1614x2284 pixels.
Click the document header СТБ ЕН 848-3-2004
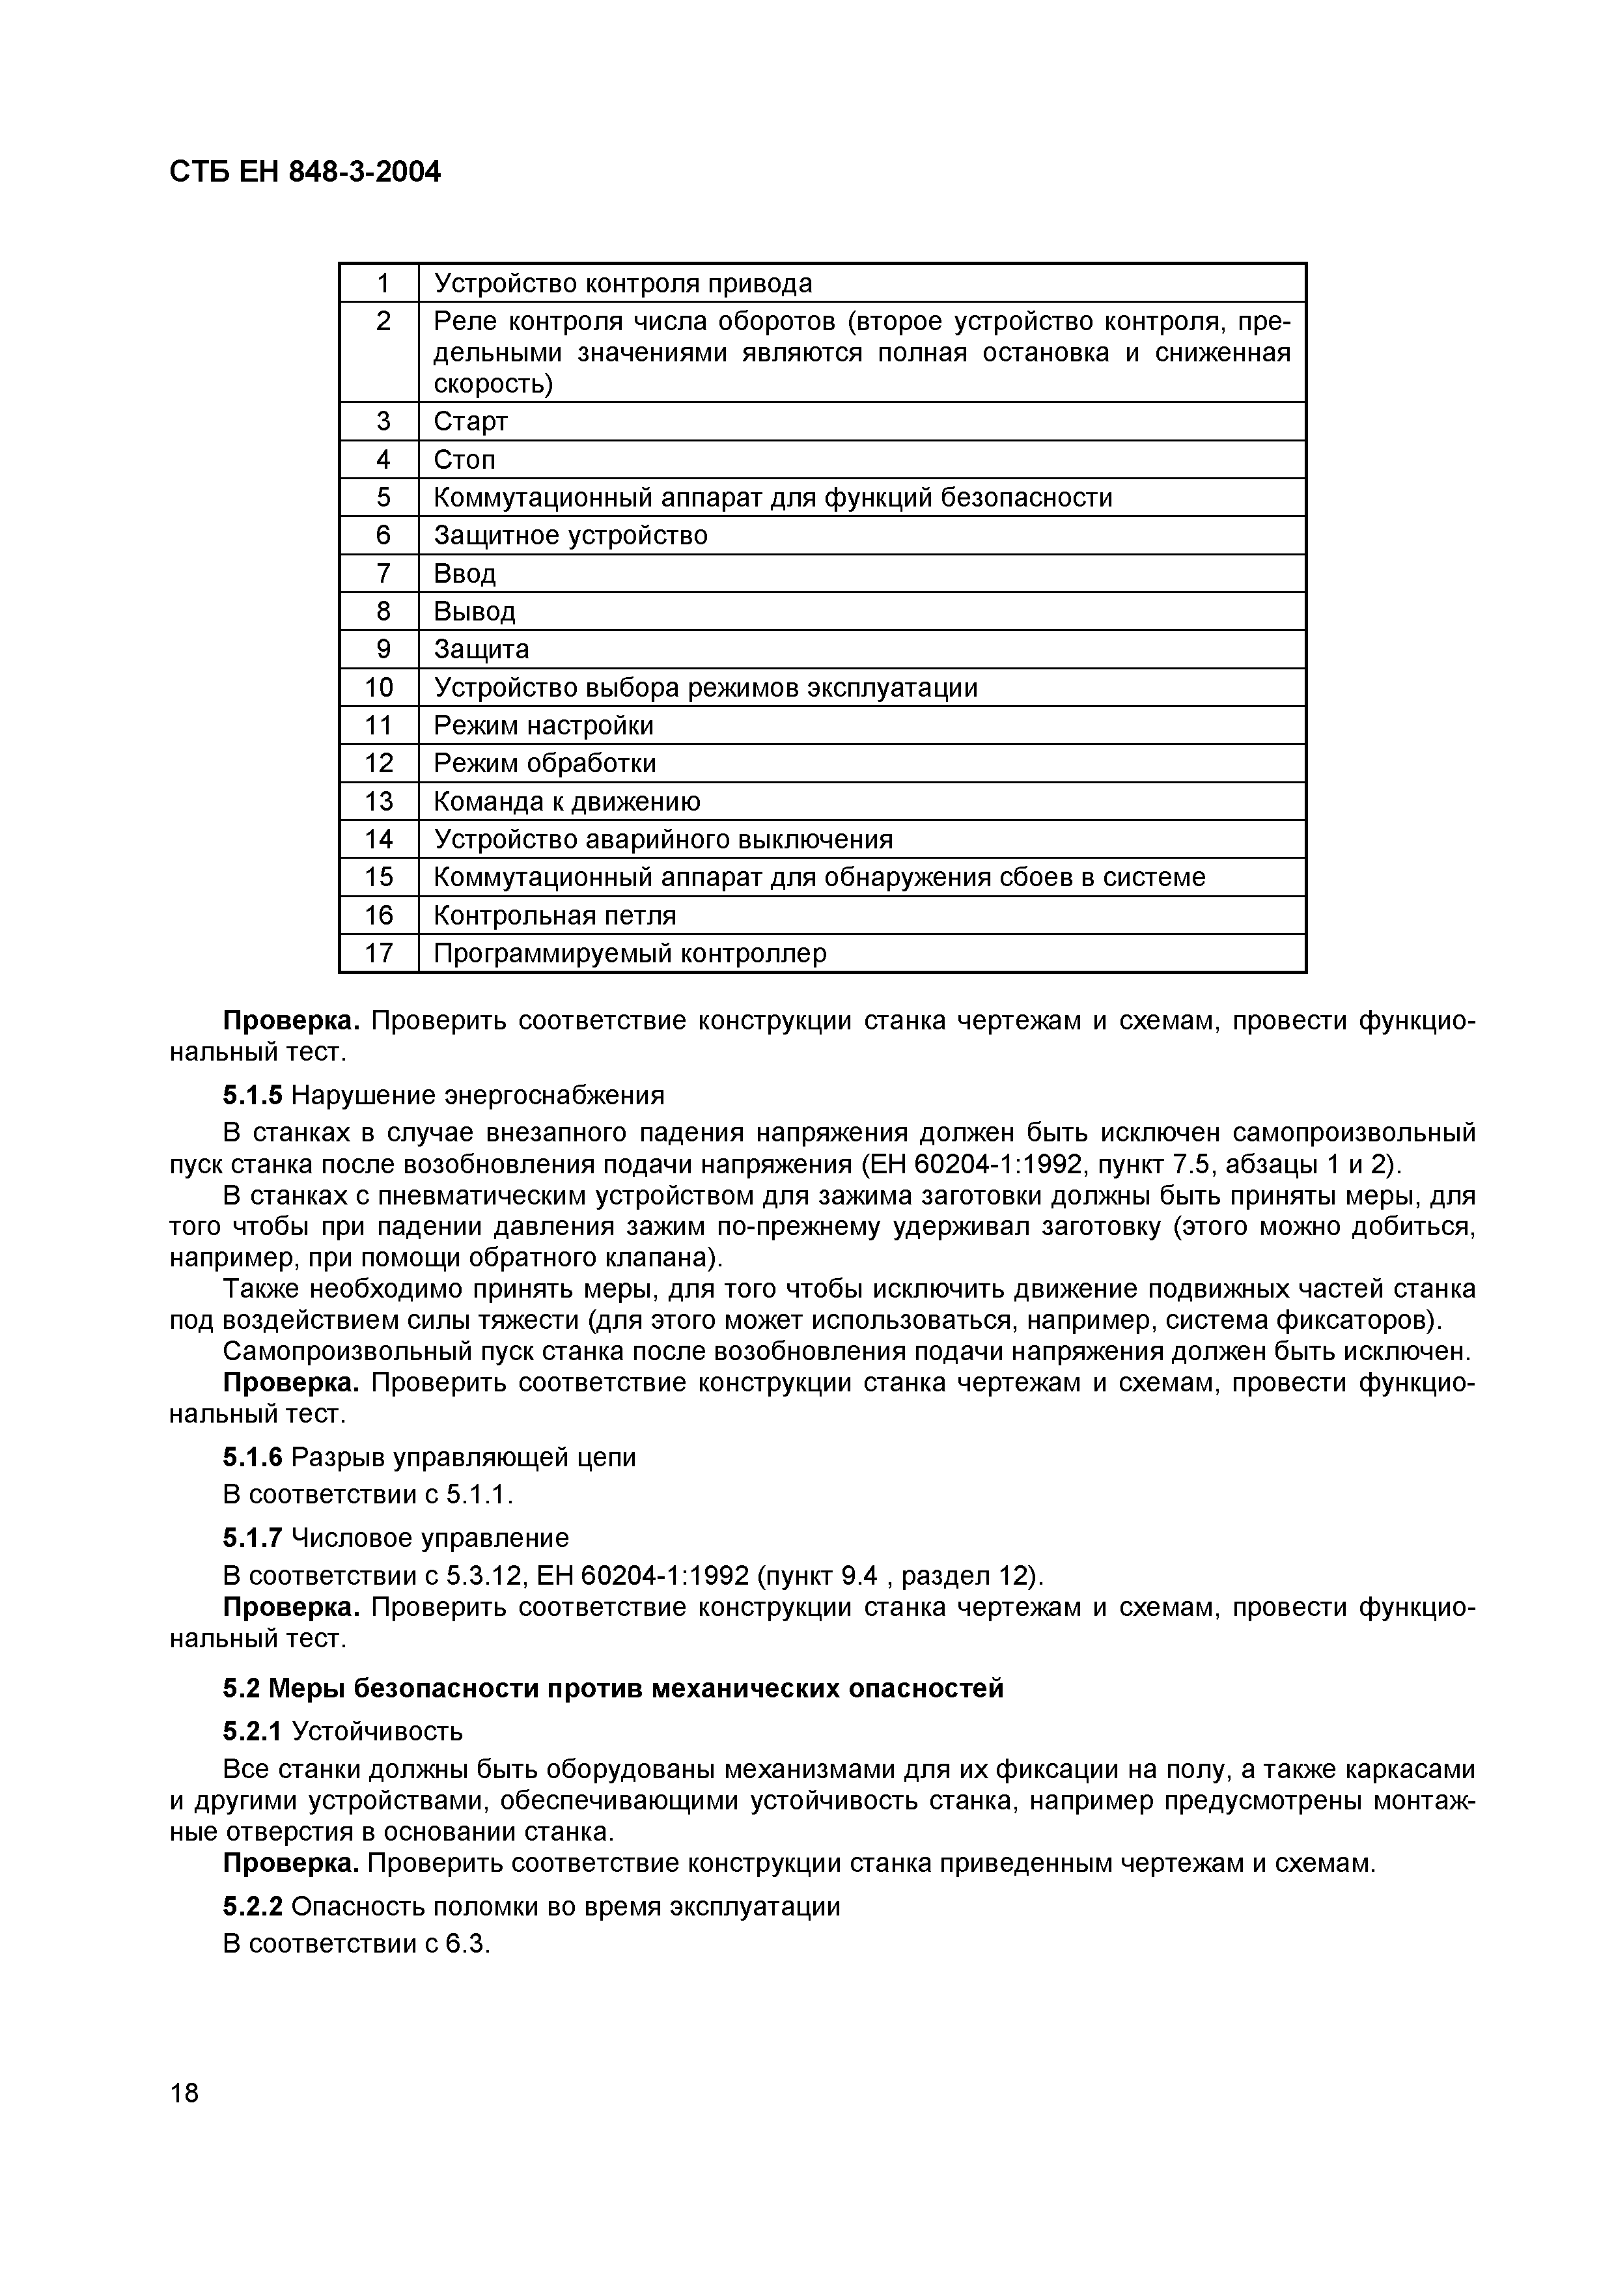304,172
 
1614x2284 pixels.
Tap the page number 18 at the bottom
184,2093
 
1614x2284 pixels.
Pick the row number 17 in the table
379,953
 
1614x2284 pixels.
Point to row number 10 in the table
379,688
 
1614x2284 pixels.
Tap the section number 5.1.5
253,1095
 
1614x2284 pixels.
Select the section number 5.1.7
253,1538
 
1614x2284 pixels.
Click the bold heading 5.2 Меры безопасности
613,1688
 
